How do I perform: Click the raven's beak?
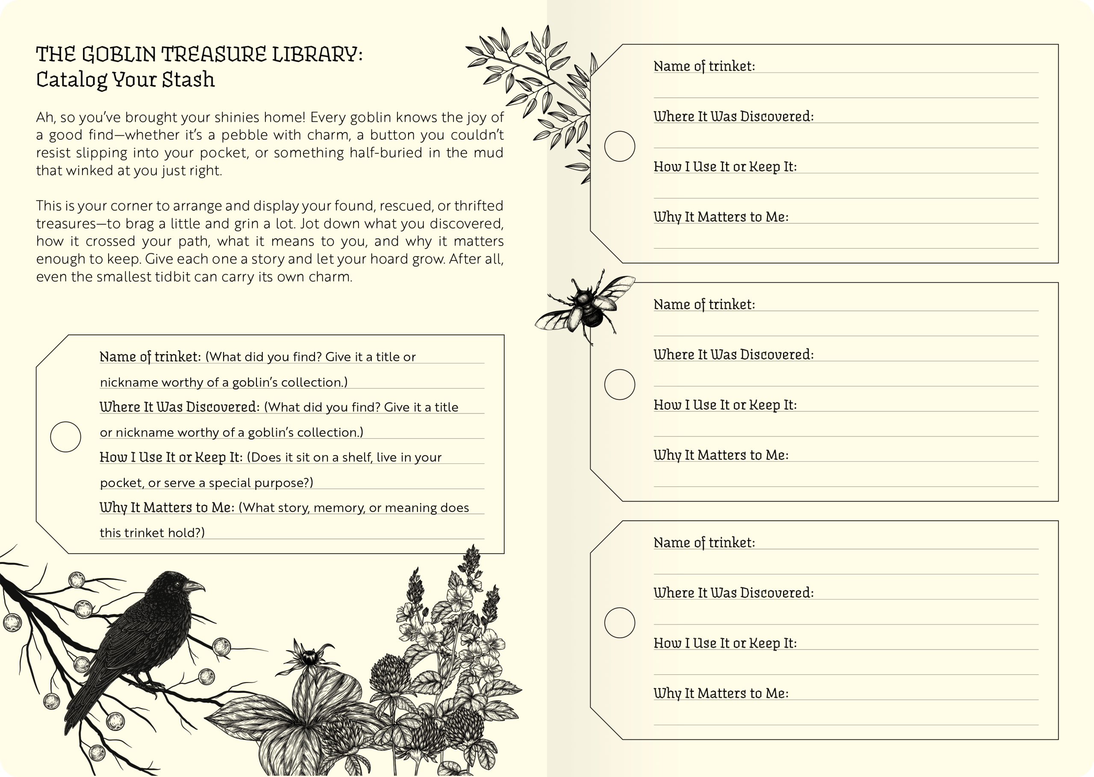coord(195,586)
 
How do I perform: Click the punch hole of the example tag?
coord(65,437)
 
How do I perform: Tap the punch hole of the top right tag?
coord(620,147)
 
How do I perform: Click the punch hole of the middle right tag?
coord(620,385)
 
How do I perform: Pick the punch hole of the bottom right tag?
coord(620,623)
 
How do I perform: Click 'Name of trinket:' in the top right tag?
coord(704,66)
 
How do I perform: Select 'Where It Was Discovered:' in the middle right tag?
coord(733,355)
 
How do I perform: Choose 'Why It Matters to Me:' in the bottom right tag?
coord(721,693)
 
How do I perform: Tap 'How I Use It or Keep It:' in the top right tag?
coord(725,167)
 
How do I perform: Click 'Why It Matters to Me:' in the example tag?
coord(167,507)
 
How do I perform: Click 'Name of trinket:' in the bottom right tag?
coord(704,542)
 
